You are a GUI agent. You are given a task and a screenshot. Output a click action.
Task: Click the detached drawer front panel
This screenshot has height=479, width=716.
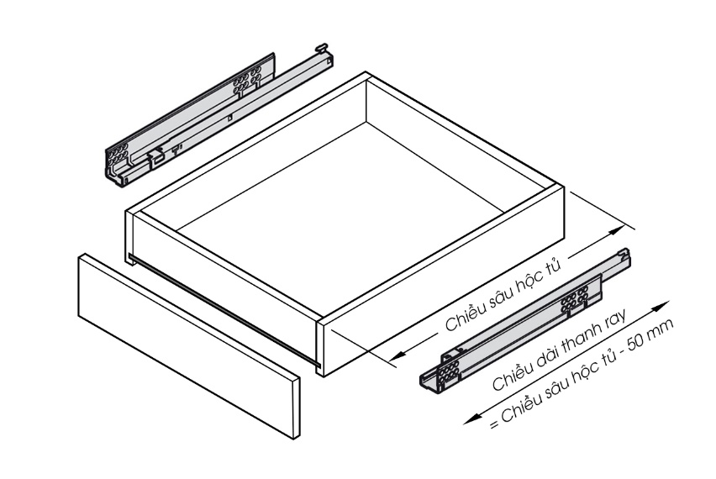click(189, 346)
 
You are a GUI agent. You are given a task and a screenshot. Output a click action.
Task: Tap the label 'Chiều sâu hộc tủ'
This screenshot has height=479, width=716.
click(503, 294)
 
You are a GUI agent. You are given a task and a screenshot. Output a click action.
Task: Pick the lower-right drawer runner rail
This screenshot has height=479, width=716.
click(525, 319)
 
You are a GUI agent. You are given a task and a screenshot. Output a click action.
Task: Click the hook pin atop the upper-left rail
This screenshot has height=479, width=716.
click(321, 47)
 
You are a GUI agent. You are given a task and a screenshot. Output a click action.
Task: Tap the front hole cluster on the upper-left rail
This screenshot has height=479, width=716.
click(118, 155)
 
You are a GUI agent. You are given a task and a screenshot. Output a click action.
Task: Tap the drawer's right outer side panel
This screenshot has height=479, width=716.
click(440, 281)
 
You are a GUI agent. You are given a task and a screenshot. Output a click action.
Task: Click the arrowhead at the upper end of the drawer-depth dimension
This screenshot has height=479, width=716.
click(619, 230)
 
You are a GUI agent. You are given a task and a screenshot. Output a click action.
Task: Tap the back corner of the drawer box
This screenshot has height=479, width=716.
click(366, 73)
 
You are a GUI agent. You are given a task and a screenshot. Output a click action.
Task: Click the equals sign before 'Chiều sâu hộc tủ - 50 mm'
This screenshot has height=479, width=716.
click(494, 425)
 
